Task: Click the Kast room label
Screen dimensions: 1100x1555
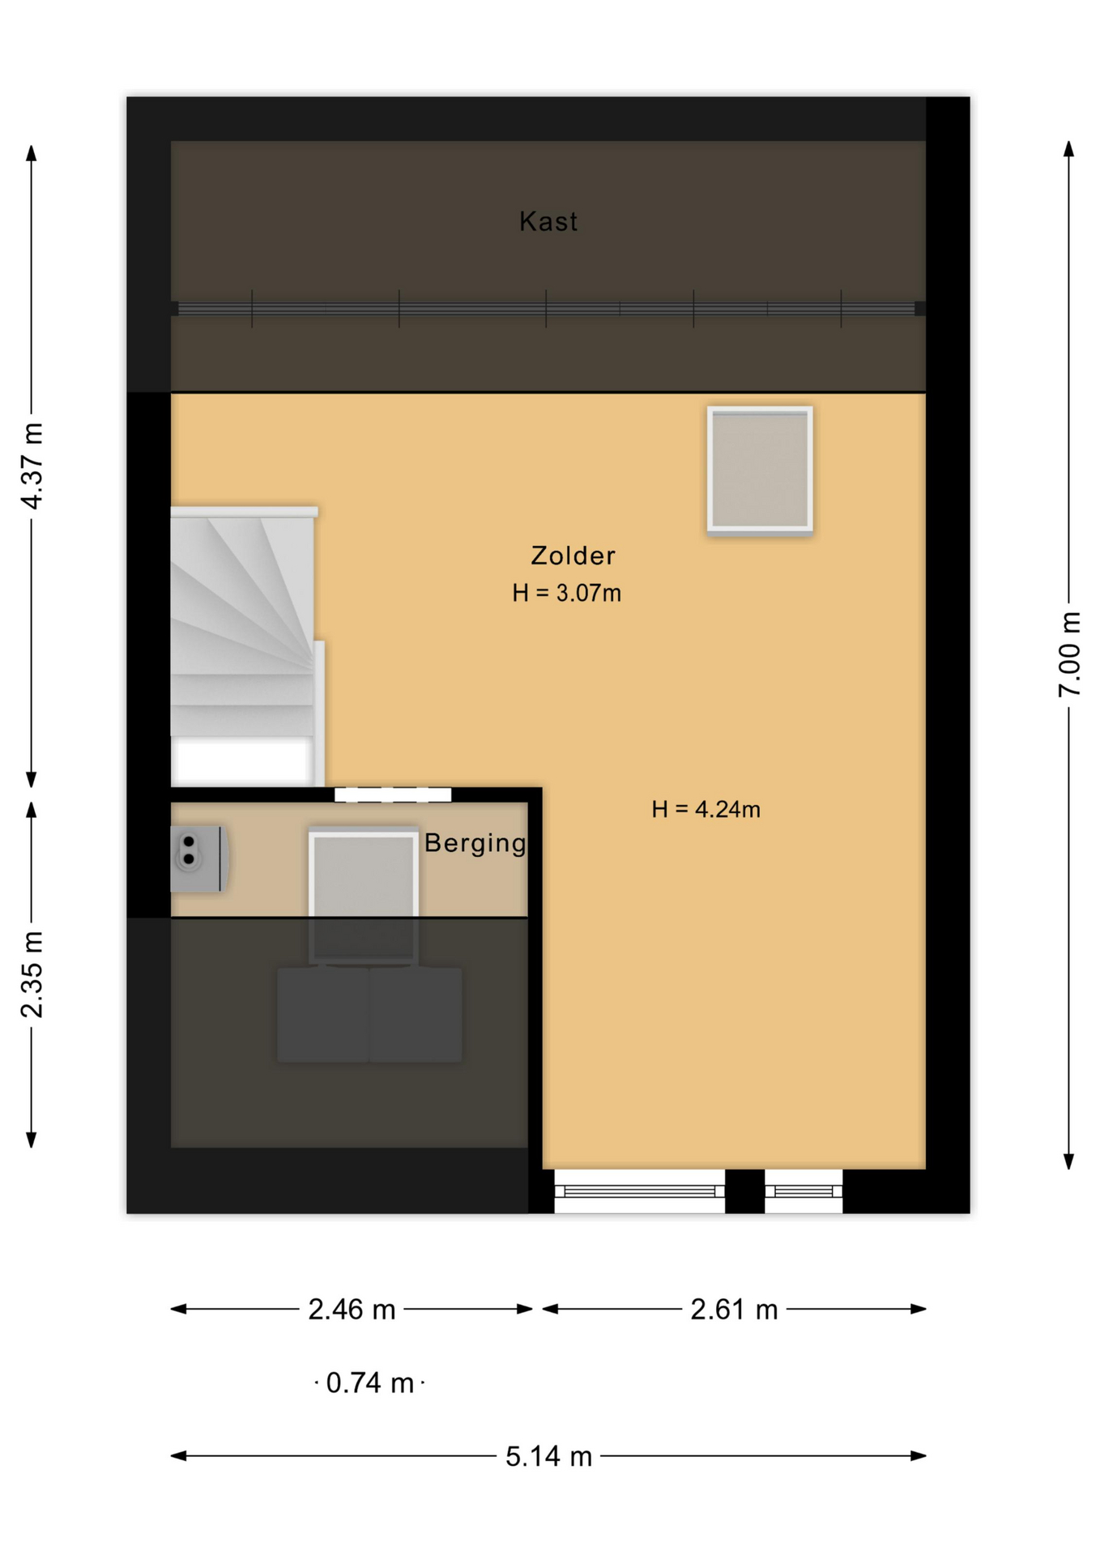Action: click(x=548, y=221)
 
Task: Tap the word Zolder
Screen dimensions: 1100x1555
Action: click(x=573, y=556)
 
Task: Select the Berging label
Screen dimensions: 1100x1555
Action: click(x=475, y=844)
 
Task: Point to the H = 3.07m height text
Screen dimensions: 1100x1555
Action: click(x=566, y=594)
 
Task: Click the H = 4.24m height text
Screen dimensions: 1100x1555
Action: click(x=706, y=809)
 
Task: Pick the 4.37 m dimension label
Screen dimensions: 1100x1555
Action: click(x=32, y=466)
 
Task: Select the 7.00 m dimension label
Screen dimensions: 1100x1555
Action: click(x=1069, y=654)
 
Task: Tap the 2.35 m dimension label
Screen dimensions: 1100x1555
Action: click(x=32, y=974)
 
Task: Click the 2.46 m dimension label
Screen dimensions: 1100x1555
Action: click(x=352, y=1310)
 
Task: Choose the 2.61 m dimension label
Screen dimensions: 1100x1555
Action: click(x=734, y=1310)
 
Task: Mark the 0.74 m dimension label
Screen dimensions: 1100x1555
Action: click(x=369, y=1383)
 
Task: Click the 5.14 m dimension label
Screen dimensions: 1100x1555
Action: click(x=548, y=1457)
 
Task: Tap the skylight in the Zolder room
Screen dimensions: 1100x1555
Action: click(x=760, y=470)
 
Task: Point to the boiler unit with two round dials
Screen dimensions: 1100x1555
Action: click(x=198, y=859)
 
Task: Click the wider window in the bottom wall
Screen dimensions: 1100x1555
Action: click(x=639, y=1191)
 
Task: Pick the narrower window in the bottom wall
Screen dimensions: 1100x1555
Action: click(x=804, y=1191)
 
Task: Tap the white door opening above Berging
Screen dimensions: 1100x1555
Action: click(x=393, y=795)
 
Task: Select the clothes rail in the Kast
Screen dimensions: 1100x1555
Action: click(x=547, y=309)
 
